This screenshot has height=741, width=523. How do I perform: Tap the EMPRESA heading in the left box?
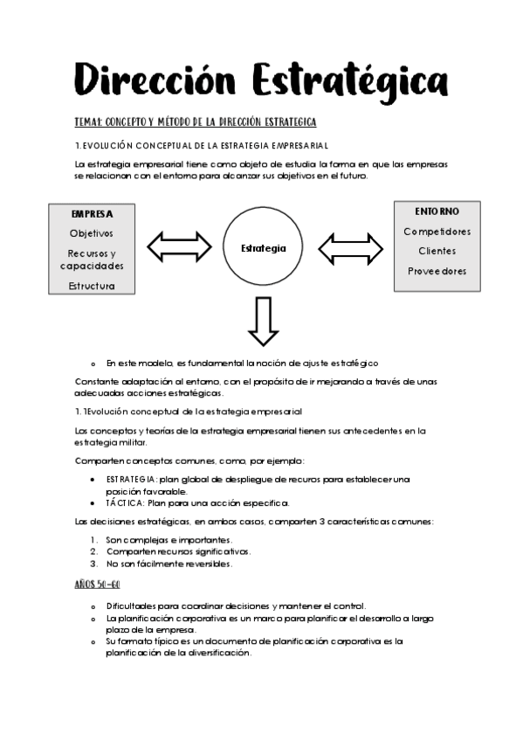click(x=92, y=214)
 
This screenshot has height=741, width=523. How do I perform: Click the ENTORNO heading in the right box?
click(x=437, y=211)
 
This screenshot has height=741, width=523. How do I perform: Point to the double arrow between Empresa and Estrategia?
click(x=180, y=247)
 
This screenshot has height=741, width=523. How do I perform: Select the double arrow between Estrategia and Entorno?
click(x=350, y=248)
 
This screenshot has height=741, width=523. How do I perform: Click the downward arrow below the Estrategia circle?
click(x=263, y=322)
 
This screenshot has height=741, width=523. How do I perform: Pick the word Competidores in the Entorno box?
click(x=437, y=232)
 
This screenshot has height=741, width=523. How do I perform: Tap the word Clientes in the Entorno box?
click(x=437, y=251)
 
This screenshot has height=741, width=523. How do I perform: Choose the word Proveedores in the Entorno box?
click(x=437, y=271)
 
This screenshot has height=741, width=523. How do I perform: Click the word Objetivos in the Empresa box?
click(x=92, y=233)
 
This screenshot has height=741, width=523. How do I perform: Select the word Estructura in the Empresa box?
click(x=92, y=286)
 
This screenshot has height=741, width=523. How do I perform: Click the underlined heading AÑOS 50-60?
click(x=97, y=584)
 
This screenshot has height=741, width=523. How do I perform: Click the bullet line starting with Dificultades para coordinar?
click(x=236, y=606)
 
